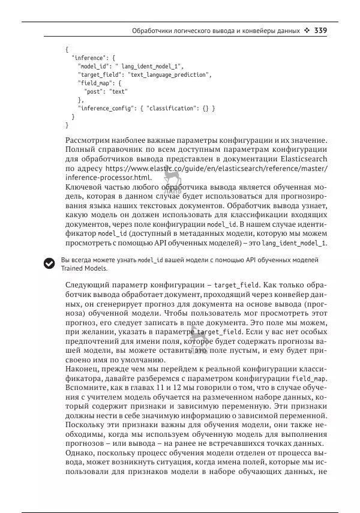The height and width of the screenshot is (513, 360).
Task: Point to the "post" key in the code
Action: click(x=94, y=91)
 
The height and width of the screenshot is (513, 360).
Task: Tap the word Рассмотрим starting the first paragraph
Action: click(x=90, y=140)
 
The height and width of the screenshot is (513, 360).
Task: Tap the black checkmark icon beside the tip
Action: click(x=49, y=263)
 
